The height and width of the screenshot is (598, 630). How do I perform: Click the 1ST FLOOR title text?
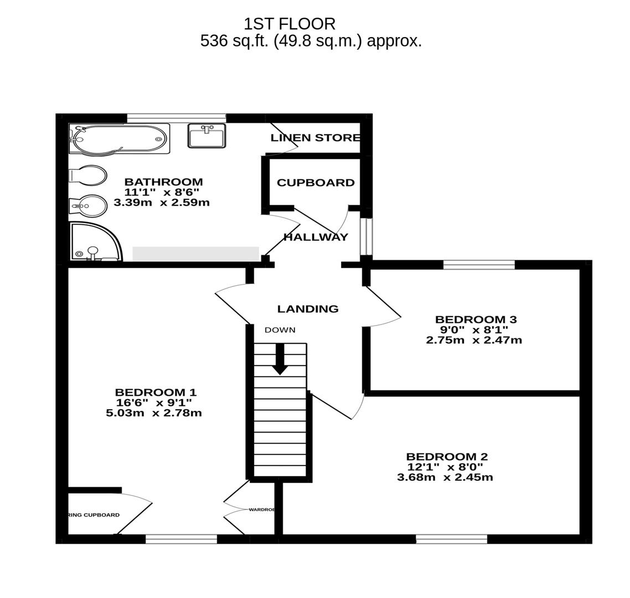(289, 24)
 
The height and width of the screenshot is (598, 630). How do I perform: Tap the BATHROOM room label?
(163, 182)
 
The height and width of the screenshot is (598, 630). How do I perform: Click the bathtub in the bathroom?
(119, 138)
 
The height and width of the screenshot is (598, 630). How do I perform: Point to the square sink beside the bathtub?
(206, 136)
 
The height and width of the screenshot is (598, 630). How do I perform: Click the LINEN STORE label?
(315, 138)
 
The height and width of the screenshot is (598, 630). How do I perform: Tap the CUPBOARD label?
(316, 183)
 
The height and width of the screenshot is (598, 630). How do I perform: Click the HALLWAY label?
(316, 237)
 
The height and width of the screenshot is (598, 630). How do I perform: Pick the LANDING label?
(308, 309)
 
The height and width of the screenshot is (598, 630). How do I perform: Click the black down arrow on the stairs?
(280, 359)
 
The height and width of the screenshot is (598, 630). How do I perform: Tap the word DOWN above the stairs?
(280, 330)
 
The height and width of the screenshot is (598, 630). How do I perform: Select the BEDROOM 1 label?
(156, 393)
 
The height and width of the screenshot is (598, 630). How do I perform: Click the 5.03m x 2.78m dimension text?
(154, 413)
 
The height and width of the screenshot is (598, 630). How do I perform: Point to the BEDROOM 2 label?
(447, 457)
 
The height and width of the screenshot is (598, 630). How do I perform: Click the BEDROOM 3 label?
(476, 319)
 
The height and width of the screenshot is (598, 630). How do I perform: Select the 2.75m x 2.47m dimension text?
(474, 340)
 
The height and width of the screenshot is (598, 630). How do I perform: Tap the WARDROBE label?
(262, 509)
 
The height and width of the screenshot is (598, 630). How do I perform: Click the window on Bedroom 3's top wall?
(479, 265)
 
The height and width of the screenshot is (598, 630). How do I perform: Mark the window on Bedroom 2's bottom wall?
(451, 539)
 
